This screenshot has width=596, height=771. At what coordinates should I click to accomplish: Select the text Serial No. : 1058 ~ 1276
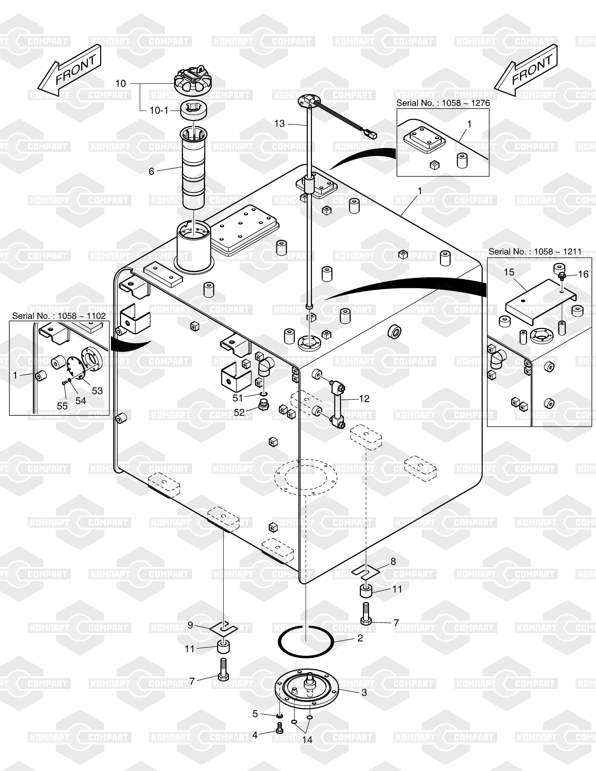443,103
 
